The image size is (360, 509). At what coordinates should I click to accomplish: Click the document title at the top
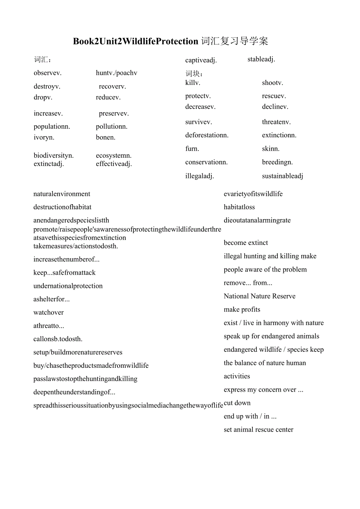pyautogui.click(x=171, y=41)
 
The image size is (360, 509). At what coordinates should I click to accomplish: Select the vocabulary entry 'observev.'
pyautogui.click(x=48, y=73)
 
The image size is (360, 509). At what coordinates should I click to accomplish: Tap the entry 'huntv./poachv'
pyautogui.click(x=117, y=73)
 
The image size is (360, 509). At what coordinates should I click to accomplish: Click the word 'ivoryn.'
pyautogui.click(x=44, y=137)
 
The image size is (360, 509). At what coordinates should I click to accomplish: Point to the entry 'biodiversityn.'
pyautogui.click(x=54, y=155)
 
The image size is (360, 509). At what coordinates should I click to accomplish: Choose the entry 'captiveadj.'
pyautogui.click(x=201, y=60)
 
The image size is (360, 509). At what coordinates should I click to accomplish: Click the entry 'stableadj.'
pyautogui.click(x=261, y=59)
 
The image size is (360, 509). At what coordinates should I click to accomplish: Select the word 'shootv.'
pyautogui.click(x=273, y=83)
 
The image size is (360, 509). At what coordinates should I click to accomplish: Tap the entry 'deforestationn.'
pyautogui.click(x=207, y=135)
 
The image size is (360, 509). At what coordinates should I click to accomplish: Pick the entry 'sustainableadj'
pyautogui.click(x=283, y=176)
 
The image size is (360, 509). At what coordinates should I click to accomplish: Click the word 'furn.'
pyautogui.click(x=193, y=149)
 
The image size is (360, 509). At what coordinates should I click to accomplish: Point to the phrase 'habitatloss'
pyautogui.click(x=239, y=207)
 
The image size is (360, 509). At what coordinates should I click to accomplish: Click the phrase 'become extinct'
pyautogui.click(x=246, y=243)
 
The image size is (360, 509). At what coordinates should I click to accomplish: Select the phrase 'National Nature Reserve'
pyautogui.click(x=259, y=296)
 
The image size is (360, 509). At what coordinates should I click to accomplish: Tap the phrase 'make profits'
pyautogui.click(x=242, y=309)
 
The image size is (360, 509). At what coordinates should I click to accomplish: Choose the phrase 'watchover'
pyautogui.click(x=49, y=312)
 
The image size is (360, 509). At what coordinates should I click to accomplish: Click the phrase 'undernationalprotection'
pyautogui.click(x=68, y=286)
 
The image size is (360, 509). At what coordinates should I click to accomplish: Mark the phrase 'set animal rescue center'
pyautogui.click(x=258, y=430)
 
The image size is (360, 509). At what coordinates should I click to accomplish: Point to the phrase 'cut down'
pyautogui.click(x=237, y=403)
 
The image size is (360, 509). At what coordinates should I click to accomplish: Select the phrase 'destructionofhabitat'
pyautogui.click(x=63, y=207)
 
